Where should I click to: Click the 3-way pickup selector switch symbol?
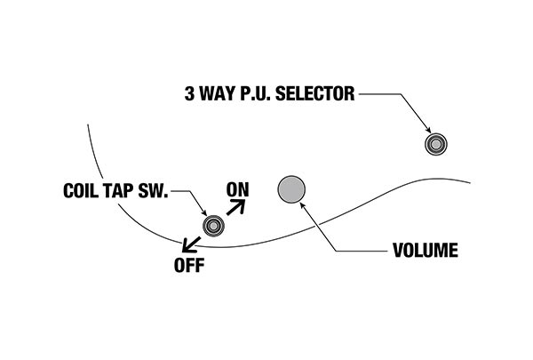pyautogui.click(x=435, y=143)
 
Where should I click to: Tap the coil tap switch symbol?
pyautogui.click(x=213, y=226)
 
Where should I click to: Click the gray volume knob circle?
pyautogui.click(x=291, y=188)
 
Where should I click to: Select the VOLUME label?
pyautogui.click(x=425, y=252)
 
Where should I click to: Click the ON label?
pyautogui.click(x=237, y=188)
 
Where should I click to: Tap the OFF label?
pyautogui.click(x=188, y=266)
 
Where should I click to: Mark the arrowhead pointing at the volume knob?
pyautogui.click(x=307, y=204)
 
